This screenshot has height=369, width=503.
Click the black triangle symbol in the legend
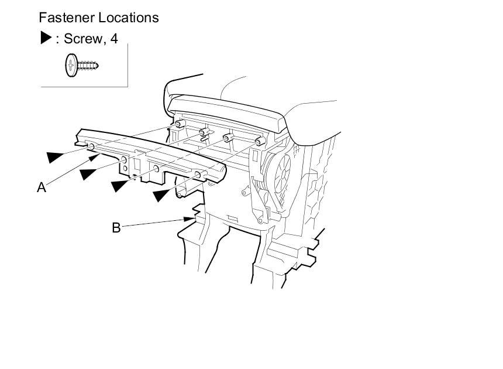click(46, 39)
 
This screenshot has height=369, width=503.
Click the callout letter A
click(41, 187)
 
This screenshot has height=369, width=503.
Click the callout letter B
click(116, 227)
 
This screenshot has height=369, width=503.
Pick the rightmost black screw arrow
click(163, 195)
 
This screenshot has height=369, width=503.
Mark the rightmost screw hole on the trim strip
click(198, 175)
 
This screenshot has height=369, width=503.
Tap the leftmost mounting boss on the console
click(178, 124)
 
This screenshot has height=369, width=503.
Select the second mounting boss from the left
click(202, 132)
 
